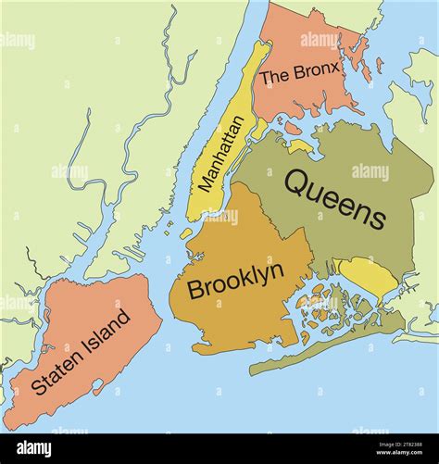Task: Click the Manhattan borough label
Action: pos(223,154)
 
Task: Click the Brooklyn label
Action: pos(235,282)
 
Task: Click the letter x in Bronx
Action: pos(337,67)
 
